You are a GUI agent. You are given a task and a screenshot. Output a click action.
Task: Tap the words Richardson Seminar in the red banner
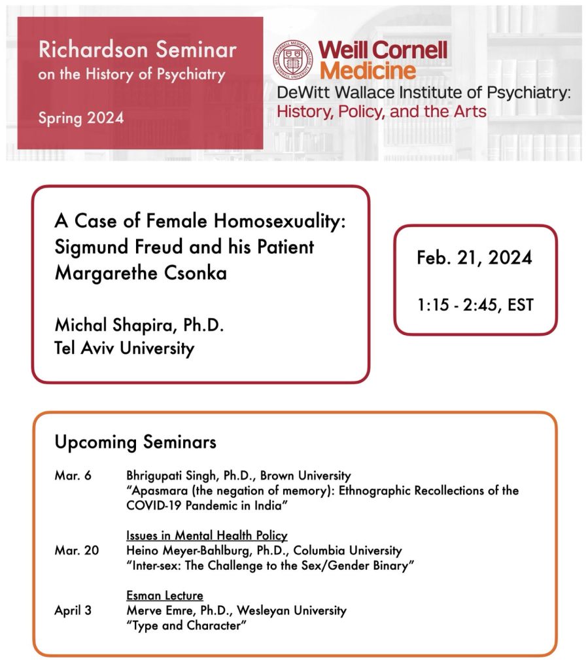[x=137, y=50]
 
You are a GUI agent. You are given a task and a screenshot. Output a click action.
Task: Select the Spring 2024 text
[x=80, y=118]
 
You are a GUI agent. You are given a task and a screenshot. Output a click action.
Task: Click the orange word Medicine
[x=368, y=69]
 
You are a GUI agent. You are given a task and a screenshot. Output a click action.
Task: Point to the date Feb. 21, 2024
[x=474, y=257]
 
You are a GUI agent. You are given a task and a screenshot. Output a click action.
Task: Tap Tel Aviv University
[x=124, y=347]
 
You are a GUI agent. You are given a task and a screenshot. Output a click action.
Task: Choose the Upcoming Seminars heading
[x=135, y=442]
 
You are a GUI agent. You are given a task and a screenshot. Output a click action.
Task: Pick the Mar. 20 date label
[x=77, y=551]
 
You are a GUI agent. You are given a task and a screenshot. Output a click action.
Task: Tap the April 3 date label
[x=73, y=610]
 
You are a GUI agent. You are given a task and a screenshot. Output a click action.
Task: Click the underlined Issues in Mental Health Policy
[x=207, y=536]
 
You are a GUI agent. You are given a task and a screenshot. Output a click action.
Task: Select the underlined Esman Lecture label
[x=165, y=595]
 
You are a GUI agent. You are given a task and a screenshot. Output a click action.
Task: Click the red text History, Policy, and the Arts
[x=382, y=111]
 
